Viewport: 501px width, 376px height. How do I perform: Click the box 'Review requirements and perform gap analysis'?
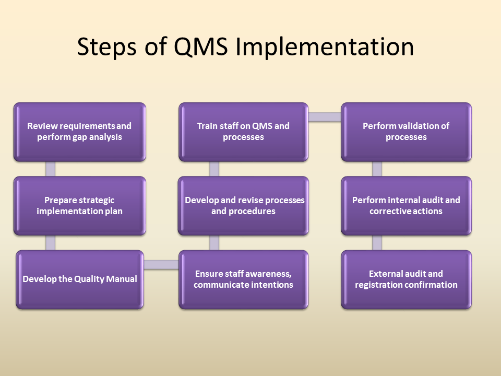pyautogui.click(x=79, y=132)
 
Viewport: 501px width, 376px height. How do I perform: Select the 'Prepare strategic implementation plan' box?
pyautogui.click(x=79, y=206)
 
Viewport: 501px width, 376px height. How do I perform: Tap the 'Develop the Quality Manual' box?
pyautogui.click(x=79, y=279)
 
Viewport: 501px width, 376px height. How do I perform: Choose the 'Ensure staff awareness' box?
pyautogui.click(x=243, y=279)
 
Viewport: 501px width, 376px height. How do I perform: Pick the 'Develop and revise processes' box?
pyautogui.click(x=243, y=206)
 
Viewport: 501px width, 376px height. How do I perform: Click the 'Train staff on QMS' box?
pyautogui.click(x=243, y=132)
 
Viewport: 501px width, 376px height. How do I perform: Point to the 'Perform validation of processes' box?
pyautogui.click(x=406, y=132)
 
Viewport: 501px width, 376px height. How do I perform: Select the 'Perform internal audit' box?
pyautogui.click(x=406, y=206)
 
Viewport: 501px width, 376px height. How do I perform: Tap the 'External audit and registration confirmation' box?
pyautogui.click(x=406, y=279)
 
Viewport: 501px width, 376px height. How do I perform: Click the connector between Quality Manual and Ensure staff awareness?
pyautogui.click(x=161, y=264)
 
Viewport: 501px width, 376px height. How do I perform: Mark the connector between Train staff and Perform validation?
pyautogui.click(x=325, y=117)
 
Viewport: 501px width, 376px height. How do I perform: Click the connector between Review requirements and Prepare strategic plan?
pyautogui.click(x=51, y=169)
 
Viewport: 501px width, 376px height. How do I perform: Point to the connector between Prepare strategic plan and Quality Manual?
pyautogui.click(x=51, y=243)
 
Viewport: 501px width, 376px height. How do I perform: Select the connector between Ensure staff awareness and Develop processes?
pyautogui.click(x=214, y=243)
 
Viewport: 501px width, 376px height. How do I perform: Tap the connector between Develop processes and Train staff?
pyautogui.click(x=214, y=169)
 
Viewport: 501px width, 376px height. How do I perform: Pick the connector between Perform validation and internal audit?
pyautogui.click(x=377, y=169)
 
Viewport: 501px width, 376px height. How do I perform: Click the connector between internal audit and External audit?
pyautogui.click(x=377, y=243)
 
